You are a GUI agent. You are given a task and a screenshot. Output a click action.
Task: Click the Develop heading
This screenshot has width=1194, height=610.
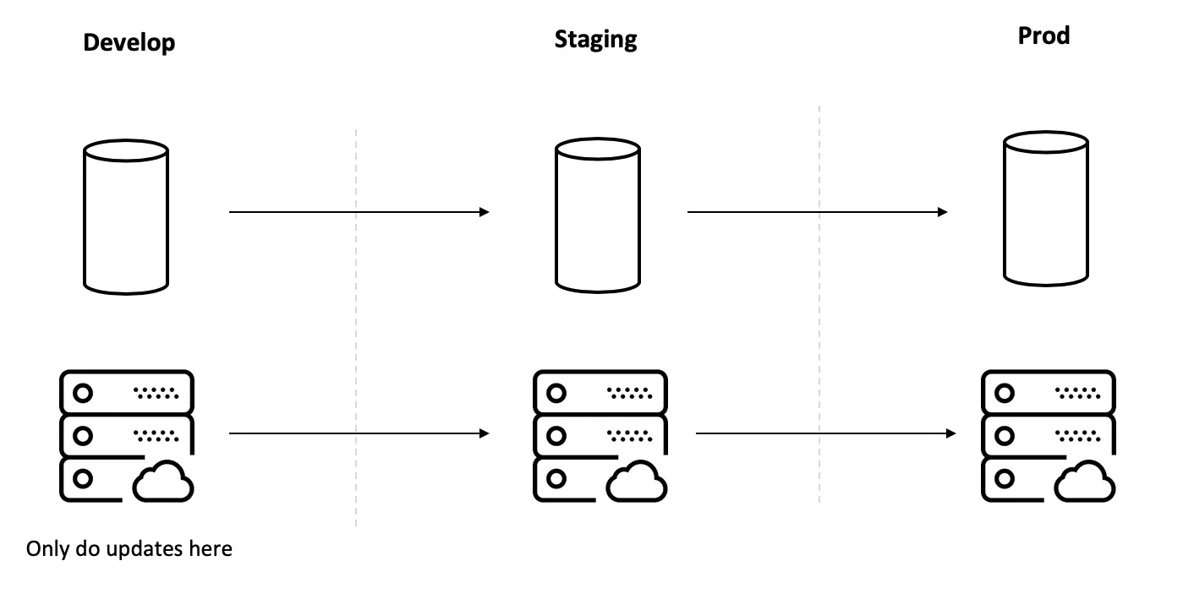(129, 43)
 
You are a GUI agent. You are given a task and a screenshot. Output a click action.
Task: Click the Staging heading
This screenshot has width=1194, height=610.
(595, 39)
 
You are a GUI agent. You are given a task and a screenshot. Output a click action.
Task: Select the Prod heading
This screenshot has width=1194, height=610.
(1043, 35)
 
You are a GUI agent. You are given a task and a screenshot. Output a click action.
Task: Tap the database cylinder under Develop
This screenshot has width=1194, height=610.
(126, 216)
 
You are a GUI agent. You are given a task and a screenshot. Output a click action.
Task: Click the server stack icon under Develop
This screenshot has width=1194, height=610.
(127, 435)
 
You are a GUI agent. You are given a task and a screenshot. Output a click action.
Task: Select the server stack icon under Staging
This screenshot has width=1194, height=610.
(600, 435)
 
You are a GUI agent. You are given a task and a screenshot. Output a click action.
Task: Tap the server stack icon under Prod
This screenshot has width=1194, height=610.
(1047, 435)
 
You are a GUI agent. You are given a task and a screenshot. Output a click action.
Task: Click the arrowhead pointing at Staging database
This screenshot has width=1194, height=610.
(485, 212)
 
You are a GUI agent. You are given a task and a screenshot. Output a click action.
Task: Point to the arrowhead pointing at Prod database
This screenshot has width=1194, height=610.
(942, 212)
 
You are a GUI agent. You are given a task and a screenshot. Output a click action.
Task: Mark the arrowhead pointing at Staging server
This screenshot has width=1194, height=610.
(485, 433)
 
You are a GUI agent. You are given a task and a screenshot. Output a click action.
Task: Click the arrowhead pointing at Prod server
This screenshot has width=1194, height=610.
(951, 433)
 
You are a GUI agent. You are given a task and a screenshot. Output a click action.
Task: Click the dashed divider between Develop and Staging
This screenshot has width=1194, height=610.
(356, 330)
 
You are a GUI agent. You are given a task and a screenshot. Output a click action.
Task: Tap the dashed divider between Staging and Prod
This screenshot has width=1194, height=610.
(819, 304)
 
